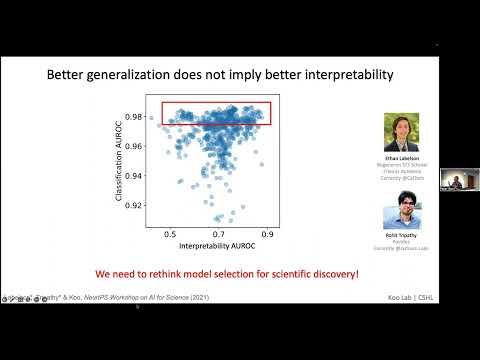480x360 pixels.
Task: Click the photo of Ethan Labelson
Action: [399, 132]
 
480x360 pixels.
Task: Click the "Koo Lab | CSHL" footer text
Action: [412, 297]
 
